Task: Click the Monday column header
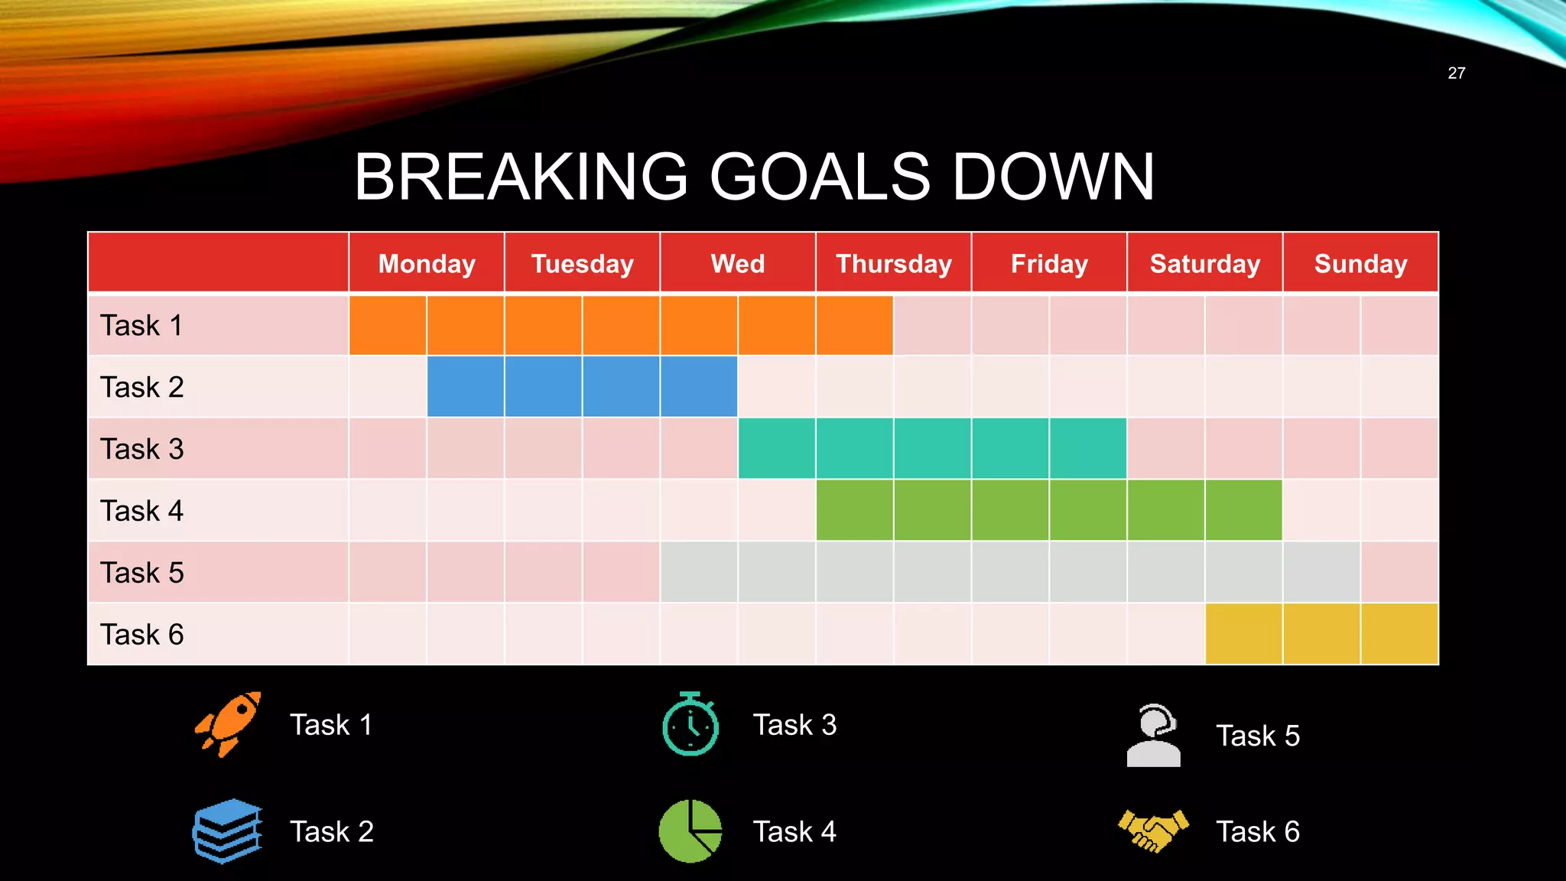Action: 427,264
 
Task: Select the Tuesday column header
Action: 583,264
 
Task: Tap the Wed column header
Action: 738,264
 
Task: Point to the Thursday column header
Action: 894,264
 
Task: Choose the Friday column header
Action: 1049,264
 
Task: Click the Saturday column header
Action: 1205,264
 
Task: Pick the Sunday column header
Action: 1360,264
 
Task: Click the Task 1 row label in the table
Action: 141,326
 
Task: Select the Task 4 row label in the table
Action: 141,511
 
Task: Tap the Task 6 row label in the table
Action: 141,635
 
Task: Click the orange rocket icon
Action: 228,724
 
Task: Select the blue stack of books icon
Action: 227,831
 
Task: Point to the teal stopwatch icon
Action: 690,724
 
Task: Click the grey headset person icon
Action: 1154,736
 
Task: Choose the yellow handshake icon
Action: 1154,831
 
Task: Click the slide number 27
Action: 1456,73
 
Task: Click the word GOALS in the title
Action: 820,177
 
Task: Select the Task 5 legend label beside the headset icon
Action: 1258,736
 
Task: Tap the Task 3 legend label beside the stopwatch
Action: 794,725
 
